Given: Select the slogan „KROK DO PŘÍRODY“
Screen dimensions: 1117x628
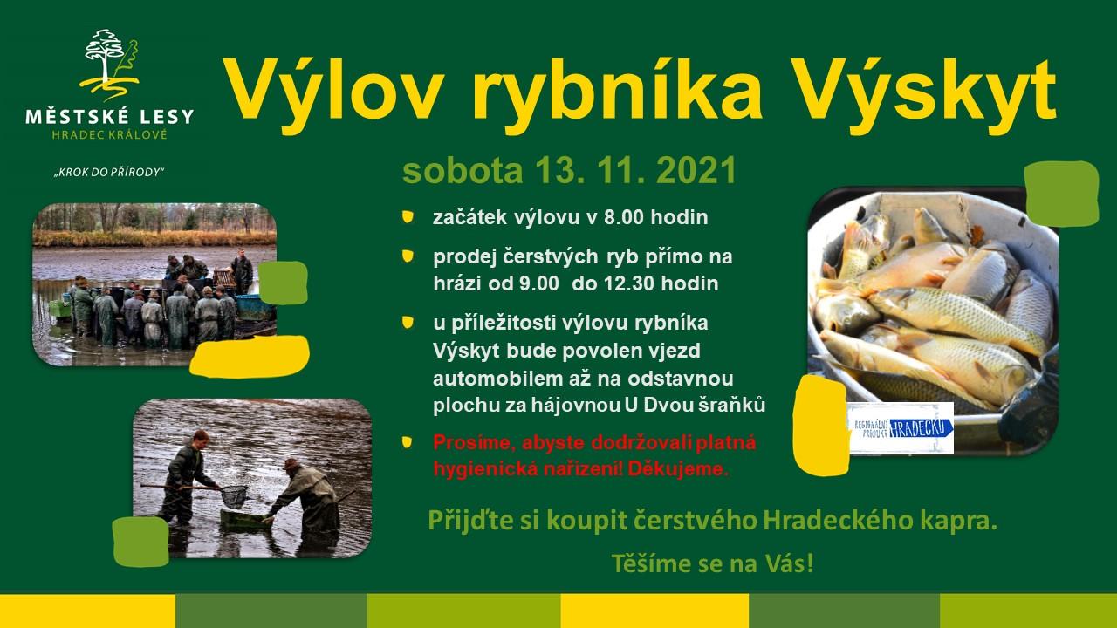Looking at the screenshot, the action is click(x=109, y=173).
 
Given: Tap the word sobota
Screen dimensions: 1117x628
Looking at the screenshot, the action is click(x=463, y=171).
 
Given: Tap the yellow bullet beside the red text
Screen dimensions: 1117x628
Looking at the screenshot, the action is click(x=408, y=442).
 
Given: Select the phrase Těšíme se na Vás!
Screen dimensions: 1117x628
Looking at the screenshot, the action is click(x=712, y=563).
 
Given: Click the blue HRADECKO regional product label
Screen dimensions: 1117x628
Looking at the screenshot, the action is click(x=901, y=427).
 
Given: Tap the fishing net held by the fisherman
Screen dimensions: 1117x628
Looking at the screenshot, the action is click(x=233, y=495).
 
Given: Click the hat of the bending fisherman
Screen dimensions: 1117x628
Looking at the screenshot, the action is click(x=291, y=464).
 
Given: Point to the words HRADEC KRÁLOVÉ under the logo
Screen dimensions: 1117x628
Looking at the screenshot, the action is click(x=109, y=134).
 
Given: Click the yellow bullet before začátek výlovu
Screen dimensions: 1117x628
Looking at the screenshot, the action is click(x=408, y=217).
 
